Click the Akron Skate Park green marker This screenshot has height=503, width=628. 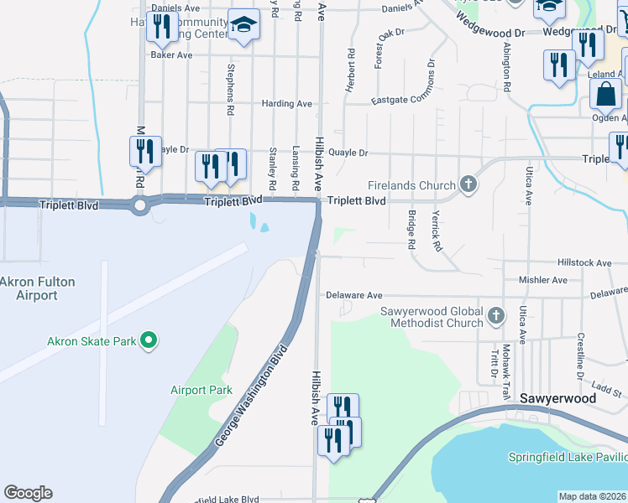pyautogui.click(x=149, y=340)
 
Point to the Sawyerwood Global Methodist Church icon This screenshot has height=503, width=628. pyautogui.click(x=496, y=316)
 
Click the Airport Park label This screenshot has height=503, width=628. pyautogui.click(x=201, y=390)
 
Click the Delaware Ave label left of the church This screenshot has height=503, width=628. pyautogui.click(x=353, y=295)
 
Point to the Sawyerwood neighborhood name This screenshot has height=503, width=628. pyautogui.click(x=557, y=398)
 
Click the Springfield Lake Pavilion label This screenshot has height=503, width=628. pyautogui.click(x=568, y=457)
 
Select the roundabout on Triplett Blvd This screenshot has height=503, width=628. pyautogui.click(x=139, y=205)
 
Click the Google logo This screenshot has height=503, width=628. pyautogui.click(x=28, y=493)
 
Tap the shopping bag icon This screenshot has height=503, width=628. pyautogui.click(x=605, y=95)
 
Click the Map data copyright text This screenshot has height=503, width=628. pyautogui.click(x=591, y=496)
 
